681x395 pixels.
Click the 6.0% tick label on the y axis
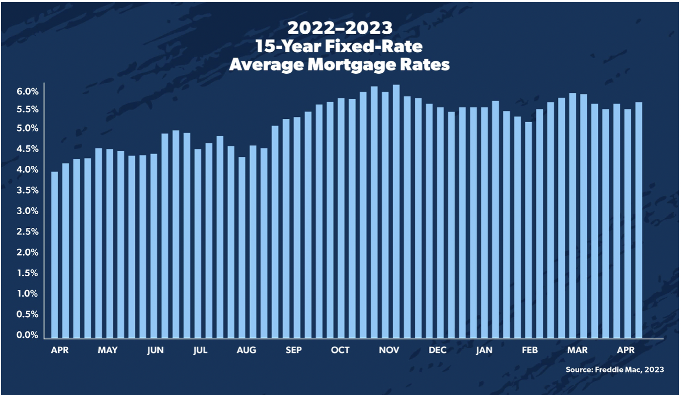pyautogui.click(x=28, y=92)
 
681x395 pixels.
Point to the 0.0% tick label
pyautogui.click(x=28, y=335)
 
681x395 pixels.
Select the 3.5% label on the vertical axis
pyautogui.click(x=28, y=190)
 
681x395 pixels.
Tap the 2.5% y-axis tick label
pyautogui.click(x=28, y=232)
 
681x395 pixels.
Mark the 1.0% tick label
pyautogui.click(x=28, y=294)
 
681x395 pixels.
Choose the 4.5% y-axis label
pyautogui.click(x=28, y=149)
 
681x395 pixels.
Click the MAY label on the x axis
pyautogui.click(x=107, y=350)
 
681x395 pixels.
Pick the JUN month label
pyautogui.click(x=155, y=350)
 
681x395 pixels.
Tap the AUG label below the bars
pyautogui.click(x=246, y=350)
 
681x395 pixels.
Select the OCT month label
pyautogui.click(x=340, y=350)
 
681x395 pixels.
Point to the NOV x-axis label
pyautogui.click(x=389, y=350)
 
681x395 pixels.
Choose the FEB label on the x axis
pyautogui.click(x=530, y=350)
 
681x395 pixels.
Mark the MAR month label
pyautogui.click(x=577, y=350)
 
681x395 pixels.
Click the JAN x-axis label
pyautogui.click(x=484, y=350)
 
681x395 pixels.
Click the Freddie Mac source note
pyautogui.click(x=615, y=370)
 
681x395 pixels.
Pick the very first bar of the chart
pyautogui.click(x=54, y=255)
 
